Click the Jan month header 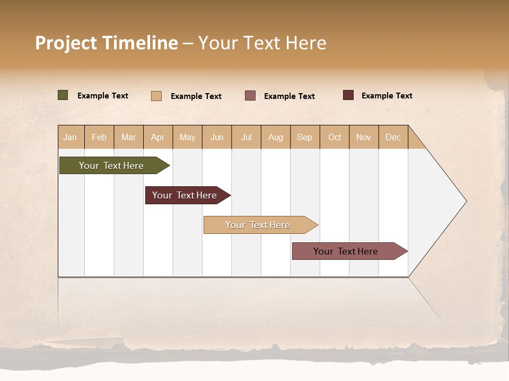pyautogui.click(x=71, y=137)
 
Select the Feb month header pyautogui.click(x=99, y=137)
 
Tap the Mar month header pyautogui.click(x=128, y=137)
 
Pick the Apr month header pyautogui.click(x=158, y=137)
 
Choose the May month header pyautogui.click(x=187, y=137)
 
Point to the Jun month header pyautogui.click(x=217, y=137)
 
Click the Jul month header pyautogui.click(x=246, y=137)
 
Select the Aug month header pyautogui.click(x=276, y=137)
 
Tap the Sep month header pyautogui.click(x=305, y=137)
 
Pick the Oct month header pyautogui.click(x=335, y=137)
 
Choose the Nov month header pyautogui.click(x=364, y=137)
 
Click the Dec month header pyautogui.click(x=393, y=137)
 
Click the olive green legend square pyautogui.click(x=63, y=95)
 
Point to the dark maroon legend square pyautogui.click(x=348, y=95)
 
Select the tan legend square pyautogui.click(x=156, y=96)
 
